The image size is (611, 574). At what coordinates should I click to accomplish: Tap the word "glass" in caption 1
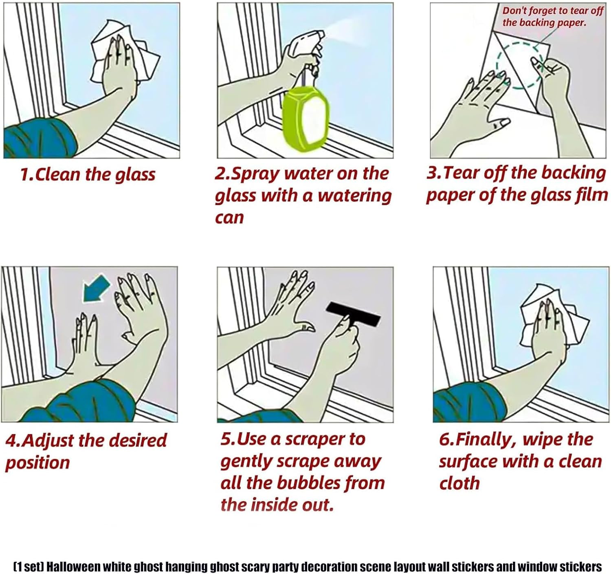click(x=135, y=175)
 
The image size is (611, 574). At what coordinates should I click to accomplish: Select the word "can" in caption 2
click(x=229, y=218)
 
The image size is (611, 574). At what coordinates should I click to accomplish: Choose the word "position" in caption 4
click(x=37, y=463)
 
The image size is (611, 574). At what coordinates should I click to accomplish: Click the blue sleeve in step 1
click(x=38, y=138)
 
